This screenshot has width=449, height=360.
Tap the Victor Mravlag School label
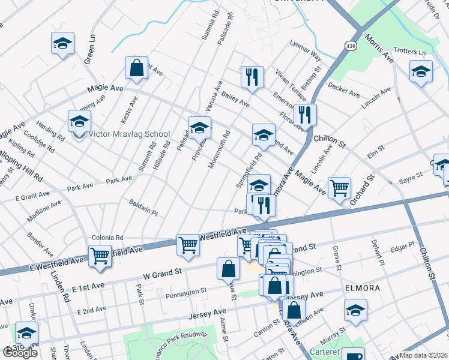pyautogui.click(x=129, y=134)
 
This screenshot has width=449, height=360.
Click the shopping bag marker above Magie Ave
pyautogui.click(x=136, y=69)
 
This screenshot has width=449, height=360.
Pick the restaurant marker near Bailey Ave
pyautogui.click(x=252, y=78)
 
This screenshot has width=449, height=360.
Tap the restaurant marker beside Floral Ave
pyautogui.click(x=305, y=116)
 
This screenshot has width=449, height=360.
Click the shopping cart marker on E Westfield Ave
pyautogui.click(x=100, y=257)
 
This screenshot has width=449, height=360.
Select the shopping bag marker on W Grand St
pyautogui.click(x=229, y=270)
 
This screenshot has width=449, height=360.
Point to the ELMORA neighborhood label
pyautogui.click(x=362, y=288)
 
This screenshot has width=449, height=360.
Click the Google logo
pyautogui.click(x=20, y=353)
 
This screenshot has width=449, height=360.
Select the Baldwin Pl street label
pyautogui.click(x=143, y=208)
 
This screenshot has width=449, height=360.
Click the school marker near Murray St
pyautogui.click(x=355, y=311)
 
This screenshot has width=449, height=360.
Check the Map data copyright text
pyautogui.click(x=424, y=355)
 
